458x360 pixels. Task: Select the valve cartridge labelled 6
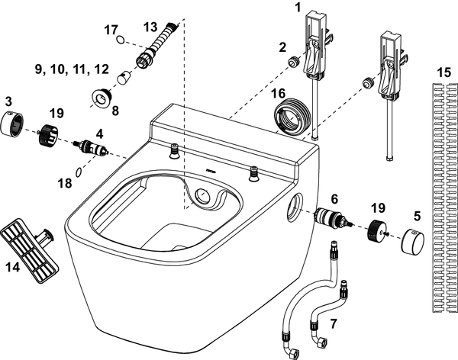(332, 218)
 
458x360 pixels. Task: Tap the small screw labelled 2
(291, 60)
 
